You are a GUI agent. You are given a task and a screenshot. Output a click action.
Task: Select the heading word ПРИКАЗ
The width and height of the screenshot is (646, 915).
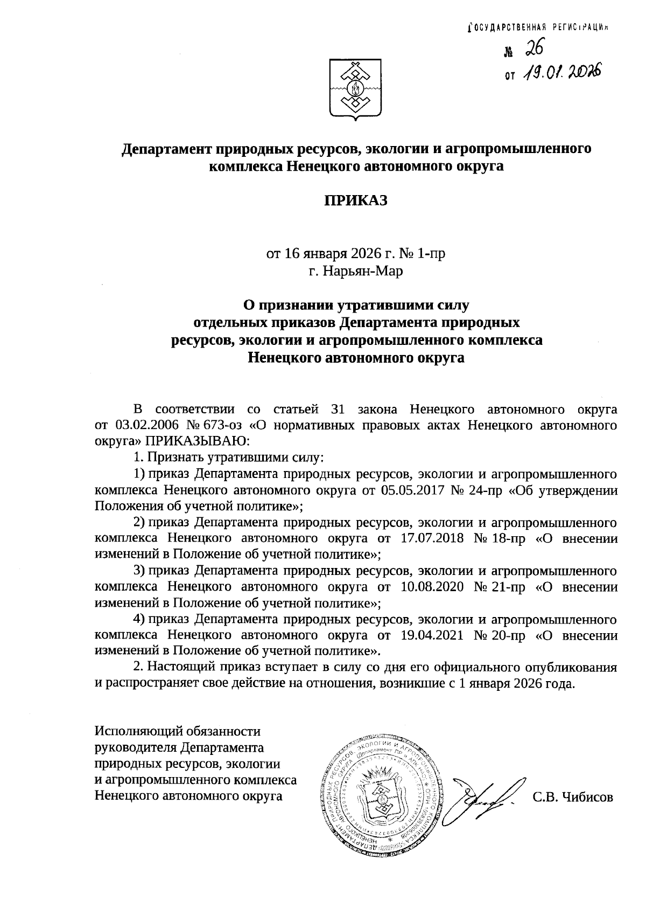(355, 200)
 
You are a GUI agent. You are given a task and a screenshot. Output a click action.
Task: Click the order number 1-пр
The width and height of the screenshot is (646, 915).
(430, 253)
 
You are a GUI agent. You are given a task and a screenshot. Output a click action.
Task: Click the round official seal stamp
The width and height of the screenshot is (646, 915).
(384, 796)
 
